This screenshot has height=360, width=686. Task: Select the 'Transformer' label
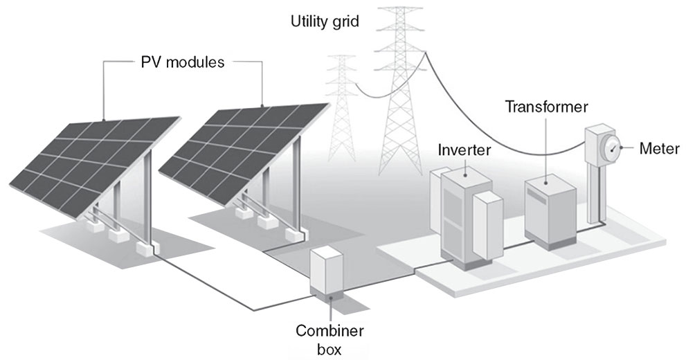546,107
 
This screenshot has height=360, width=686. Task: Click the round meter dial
609,147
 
